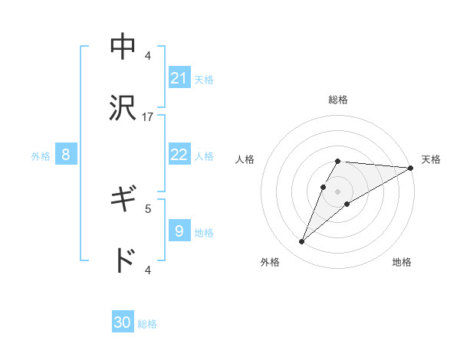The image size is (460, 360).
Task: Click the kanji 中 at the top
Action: [x=123, y=45]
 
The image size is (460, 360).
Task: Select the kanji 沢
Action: [x=123, y=108]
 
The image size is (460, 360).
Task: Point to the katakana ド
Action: [x=123, y=261]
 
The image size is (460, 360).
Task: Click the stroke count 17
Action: [x=148, y=117]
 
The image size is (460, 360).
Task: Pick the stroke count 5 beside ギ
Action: [x=148, y=208]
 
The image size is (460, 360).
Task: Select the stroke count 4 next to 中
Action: [x=148, y=55]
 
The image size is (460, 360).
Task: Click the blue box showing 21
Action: [x=179, y=77]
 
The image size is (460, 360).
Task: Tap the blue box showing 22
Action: [x=179, y=155]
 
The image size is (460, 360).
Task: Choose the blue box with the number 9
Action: [x=179, y=231]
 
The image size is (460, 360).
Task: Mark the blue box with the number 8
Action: [x=66, y=155]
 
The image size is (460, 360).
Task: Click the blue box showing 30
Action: [x=123, y=322]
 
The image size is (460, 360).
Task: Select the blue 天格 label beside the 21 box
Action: [x=204, y=79]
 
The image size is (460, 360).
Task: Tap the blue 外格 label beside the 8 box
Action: [x=41, y=156]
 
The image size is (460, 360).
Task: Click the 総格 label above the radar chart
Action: [x=338, y=100]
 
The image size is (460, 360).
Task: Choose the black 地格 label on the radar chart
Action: [x=402, y=263]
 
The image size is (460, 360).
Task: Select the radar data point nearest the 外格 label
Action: [x=302, y=242]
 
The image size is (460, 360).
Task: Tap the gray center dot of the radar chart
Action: [x=338, y=191]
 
